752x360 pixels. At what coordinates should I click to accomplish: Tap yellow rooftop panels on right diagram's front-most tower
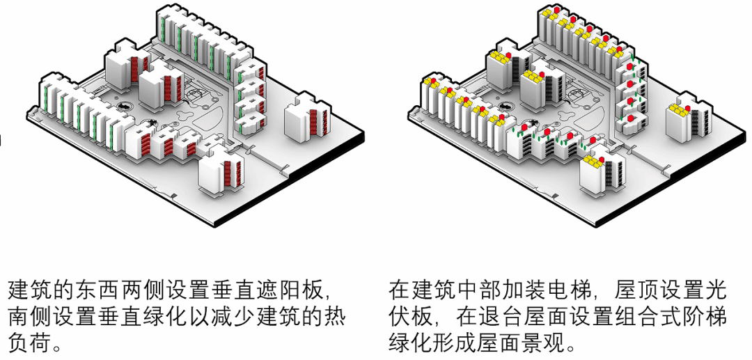pyautogui.click(x=593, y=161)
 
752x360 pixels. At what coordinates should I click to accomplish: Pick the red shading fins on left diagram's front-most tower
pyautogui.click(x=235, y=173)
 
